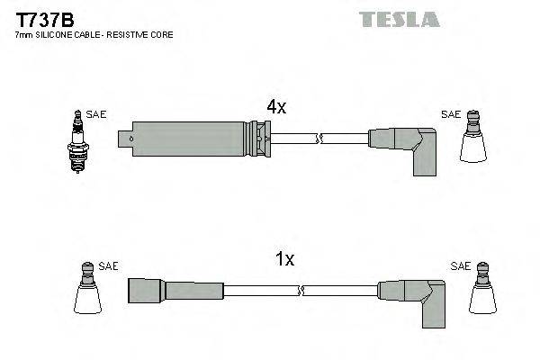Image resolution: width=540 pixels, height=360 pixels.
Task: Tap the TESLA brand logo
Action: (398, 18)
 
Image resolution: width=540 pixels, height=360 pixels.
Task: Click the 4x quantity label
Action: (276, 107)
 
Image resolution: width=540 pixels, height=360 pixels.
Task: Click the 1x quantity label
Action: (284, 259)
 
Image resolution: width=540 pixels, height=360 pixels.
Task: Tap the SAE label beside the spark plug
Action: (96, 114)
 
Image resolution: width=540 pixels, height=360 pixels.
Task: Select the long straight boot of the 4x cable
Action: (193, 139)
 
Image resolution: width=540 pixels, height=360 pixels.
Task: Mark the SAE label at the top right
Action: (451, 114)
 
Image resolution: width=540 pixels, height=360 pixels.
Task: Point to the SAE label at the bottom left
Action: (108, 266)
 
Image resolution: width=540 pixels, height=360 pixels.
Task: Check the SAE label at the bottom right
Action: (460, 266)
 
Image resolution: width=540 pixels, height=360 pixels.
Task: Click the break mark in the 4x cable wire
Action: (319, 139)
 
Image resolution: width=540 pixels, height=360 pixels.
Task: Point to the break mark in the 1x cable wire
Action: (301, 290)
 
